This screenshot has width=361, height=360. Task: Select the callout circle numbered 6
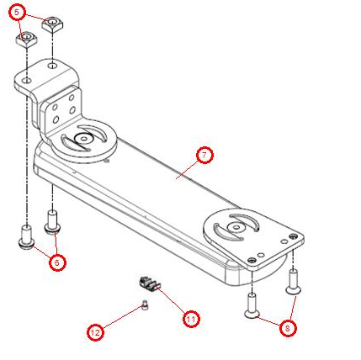[x=56, y=262]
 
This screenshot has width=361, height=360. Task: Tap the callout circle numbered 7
[x=203, y=156]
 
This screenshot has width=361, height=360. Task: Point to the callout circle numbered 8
[x=289, y=330]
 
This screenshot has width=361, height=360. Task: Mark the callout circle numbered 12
[x=96, y=334]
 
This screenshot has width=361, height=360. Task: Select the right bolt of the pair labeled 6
[x=51, y=220]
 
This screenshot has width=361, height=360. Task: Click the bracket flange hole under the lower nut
[x=27, y=80]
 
